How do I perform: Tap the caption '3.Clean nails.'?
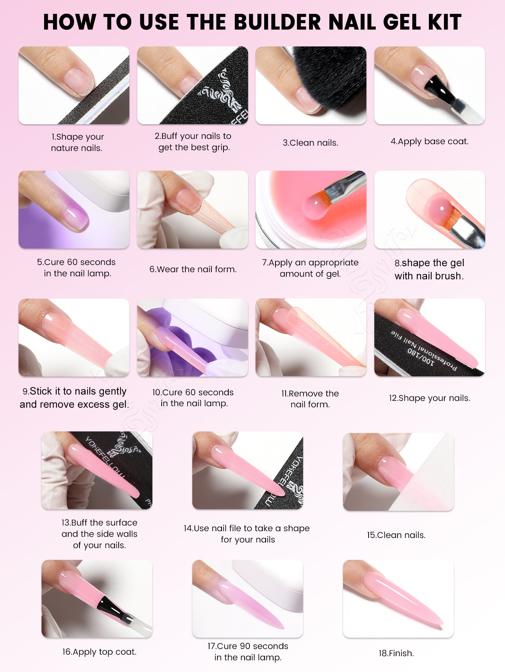pyautogui.click(x=311, y=143)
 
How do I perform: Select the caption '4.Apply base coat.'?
pyautogui.click(x=430, y=142)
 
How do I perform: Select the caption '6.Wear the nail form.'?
pyautogui.click(x=193, y=269)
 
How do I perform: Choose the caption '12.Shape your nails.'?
pyautogui.click(x=430, y=398)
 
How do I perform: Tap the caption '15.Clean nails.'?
pyautogui.click(x=396, y=535)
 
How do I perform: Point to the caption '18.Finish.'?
pyautogui.click(x=396, y=653)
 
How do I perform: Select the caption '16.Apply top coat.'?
pyautogui.click(x=99, y=652)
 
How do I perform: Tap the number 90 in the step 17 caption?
pyautogui.click(x=245, y=646)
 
